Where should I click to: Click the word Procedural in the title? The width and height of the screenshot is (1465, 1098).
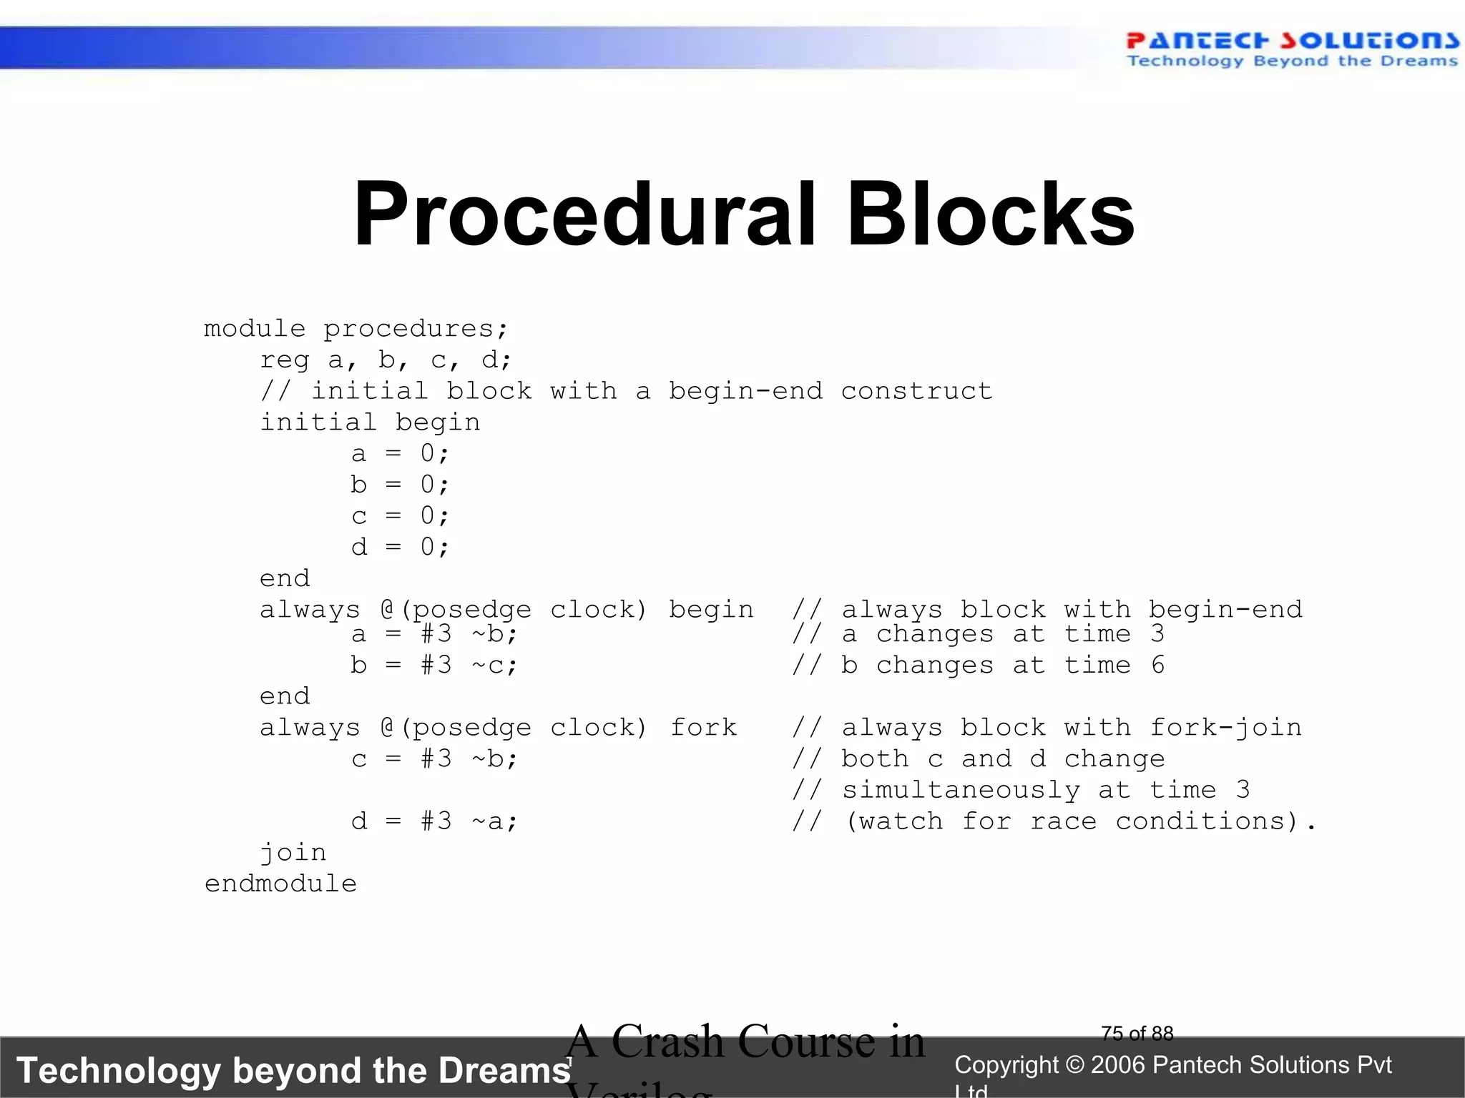(x=584, y=214)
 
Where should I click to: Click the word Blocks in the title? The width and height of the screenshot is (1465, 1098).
(x=990, y=214)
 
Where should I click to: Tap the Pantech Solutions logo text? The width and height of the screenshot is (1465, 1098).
(x=1292, y=41)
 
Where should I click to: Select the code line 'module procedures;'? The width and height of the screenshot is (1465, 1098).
(x=356, y=329)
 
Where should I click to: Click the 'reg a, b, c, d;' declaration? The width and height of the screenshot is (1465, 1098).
(x=386, y=360)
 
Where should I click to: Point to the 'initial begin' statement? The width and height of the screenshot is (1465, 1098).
(x=369, y=422)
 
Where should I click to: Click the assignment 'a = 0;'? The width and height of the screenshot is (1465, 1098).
(x=400, y=453)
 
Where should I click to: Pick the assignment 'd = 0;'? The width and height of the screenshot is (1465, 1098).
(x=400, y=548)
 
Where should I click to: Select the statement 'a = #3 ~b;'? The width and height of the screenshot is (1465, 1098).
(x=433, y=634)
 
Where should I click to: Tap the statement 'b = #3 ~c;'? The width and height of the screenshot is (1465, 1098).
(x=433, y=666)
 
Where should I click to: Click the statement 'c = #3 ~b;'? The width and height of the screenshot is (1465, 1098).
(x=433, y=759)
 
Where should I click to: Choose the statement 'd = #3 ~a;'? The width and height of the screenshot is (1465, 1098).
(x=433, y=821)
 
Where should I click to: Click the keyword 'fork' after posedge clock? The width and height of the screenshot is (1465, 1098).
(x=703, y=728)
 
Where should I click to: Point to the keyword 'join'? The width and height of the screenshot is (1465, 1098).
(x=293, y=853)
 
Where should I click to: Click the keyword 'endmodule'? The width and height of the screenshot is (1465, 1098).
(x=280, y=884)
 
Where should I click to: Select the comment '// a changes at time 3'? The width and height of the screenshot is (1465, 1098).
(x=978, y=634)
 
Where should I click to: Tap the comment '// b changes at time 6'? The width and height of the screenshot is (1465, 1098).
(x=978, y=666)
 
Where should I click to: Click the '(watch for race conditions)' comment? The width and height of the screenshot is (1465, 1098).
(x=1071, y=821)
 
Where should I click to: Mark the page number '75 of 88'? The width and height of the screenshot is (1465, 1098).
(x=1137, y=1034)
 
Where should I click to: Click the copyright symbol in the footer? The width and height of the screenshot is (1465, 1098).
(x=1074, y=1065)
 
